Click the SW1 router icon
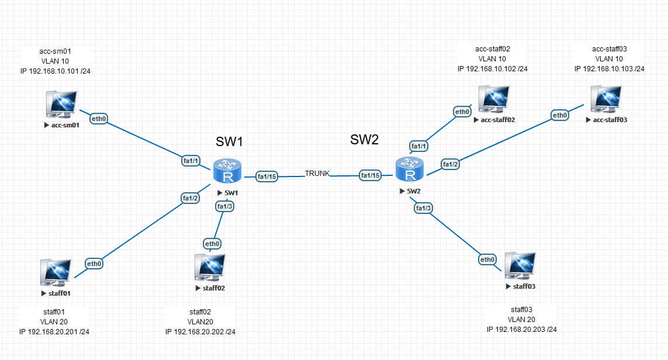click(x=227, y=171)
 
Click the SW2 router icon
click(x=410, y=169)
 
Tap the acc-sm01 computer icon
click(x=62, y=104)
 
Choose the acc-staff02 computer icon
click(x=494, y=99)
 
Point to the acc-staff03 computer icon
click(x=606, y=99)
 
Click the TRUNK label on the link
click(x=317, y=174)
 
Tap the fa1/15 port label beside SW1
click(x=267, y=176)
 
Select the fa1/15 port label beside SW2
click(x=370, y=175)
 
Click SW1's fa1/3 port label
click(x=225, y=207)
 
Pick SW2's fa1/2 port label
click(x=451, y=164)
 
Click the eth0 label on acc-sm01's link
click(x=98, y=119)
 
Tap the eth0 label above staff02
click(x=212, y=244)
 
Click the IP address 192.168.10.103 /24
click(x=609, y=68)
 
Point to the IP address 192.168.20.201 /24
click(x=54, y=331)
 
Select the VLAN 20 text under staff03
click(x=521, y=320)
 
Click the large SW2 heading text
click(x=364, y=139)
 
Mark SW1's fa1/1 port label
click(x=191, y=161)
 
